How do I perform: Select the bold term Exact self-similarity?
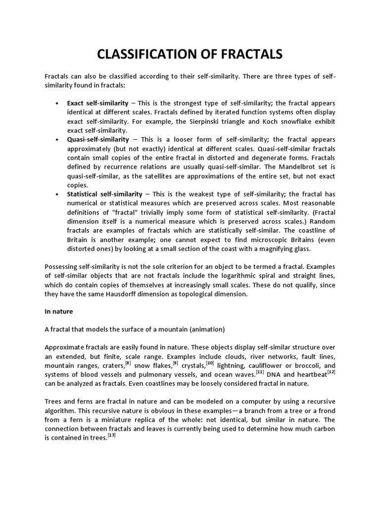98,103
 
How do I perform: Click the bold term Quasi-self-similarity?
97,140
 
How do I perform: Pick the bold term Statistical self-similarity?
104,194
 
